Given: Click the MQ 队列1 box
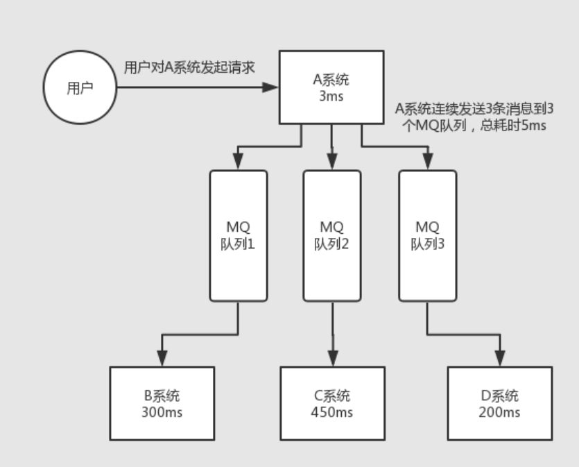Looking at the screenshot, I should [x=238, y=235].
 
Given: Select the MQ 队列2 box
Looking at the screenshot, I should [x=331, y=235].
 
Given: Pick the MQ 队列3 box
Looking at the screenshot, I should [x=427, y=235].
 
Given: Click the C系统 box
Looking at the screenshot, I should [x=332, y=404].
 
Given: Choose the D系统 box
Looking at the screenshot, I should [x=499, y=404].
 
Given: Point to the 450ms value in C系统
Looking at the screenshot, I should [x=332, y=412].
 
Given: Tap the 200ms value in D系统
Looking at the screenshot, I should [x=499, y=412].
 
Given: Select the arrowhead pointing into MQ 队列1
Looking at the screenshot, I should [x=238, y=163].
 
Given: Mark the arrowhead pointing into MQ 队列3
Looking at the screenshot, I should [x=427, y=163].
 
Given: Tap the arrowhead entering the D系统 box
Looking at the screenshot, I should [x=499, y=360].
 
